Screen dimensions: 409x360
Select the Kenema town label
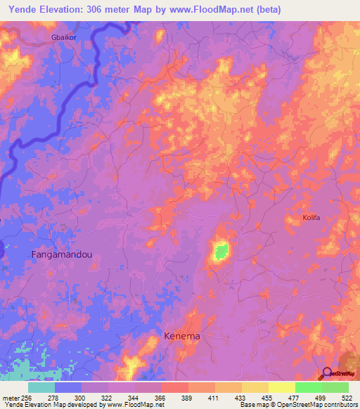(x=182, y=337)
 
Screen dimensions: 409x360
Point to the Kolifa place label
(x=311, y=218)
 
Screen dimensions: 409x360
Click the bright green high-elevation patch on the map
(x=221, y=251)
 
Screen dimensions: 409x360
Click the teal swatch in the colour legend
(x=41, y=387)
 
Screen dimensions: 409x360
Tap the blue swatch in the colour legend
(x=68, y=387)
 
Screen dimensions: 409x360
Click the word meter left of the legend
(x=9, y=398)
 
